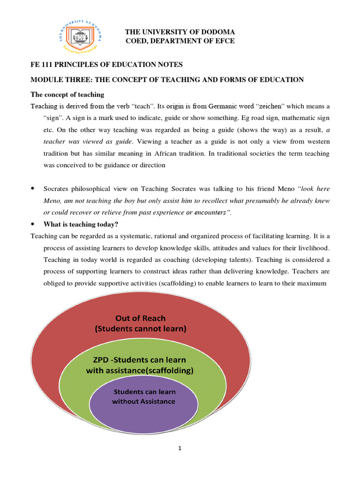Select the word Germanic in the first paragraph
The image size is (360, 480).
coord(224,106)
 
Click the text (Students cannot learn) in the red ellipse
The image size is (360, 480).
coord(141,329)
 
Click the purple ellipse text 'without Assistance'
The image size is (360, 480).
coord(143,401)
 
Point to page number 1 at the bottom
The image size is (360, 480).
coord(180,448)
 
